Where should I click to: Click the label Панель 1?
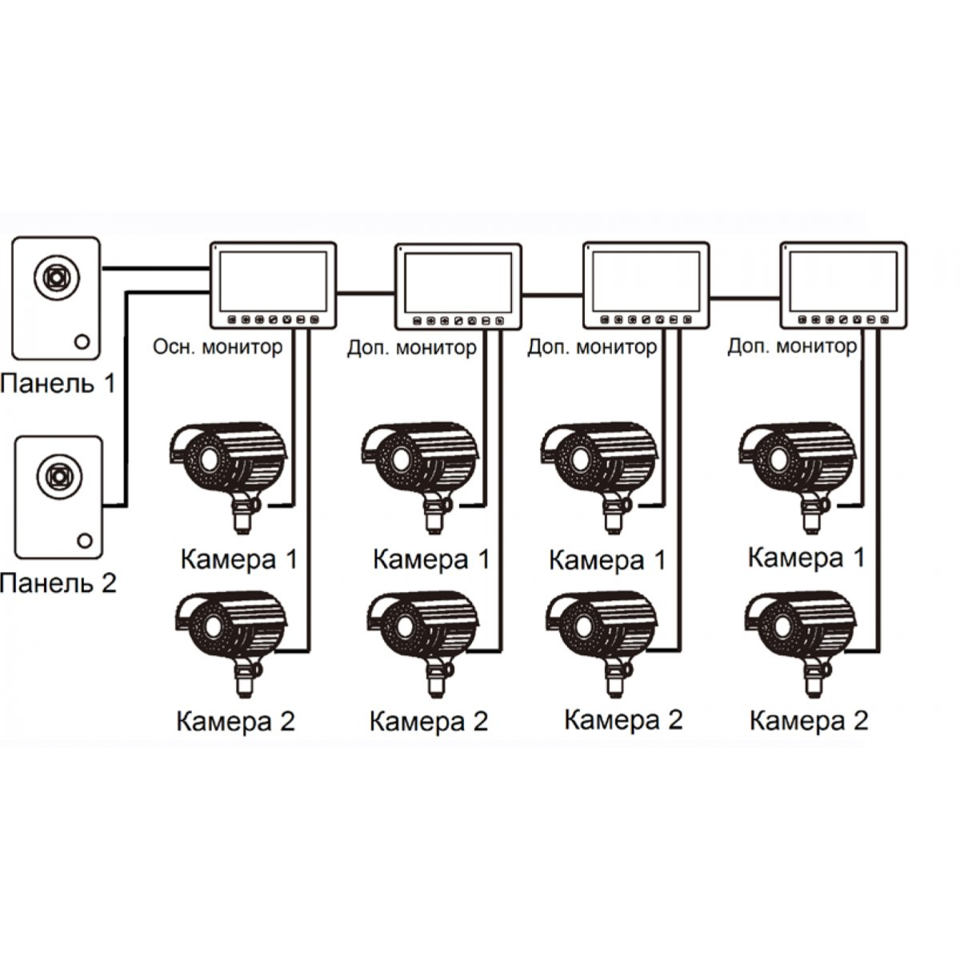coord(58,384)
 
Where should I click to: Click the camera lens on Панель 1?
coord(56,277)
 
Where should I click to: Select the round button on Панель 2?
coord(85,541)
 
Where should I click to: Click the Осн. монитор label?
coord(218,346)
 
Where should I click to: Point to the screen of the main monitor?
coord(273,282)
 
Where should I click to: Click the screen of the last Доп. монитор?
coord(843,282)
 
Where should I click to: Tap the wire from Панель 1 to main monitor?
coord(155,268)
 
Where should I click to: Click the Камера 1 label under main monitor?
coord(239,559)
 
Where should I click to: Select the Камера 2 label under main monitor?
coord(236,721)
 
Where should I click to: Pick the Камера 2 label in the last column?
coord(809,720)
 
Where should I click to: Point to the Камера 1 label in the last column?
coord(806,558)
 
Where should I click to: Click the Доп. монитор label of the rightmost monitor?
coord(792,346)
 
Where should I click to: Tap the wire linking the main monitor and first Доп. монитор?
coord(366,294)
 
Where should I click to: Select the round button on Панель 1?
coord(82,342)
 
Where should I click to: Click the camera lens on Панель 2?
coord(58,476)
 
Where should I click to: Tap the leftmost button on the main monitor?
coord(232,320)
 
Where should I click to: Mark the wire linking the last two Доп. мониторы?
coord(744,298)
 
